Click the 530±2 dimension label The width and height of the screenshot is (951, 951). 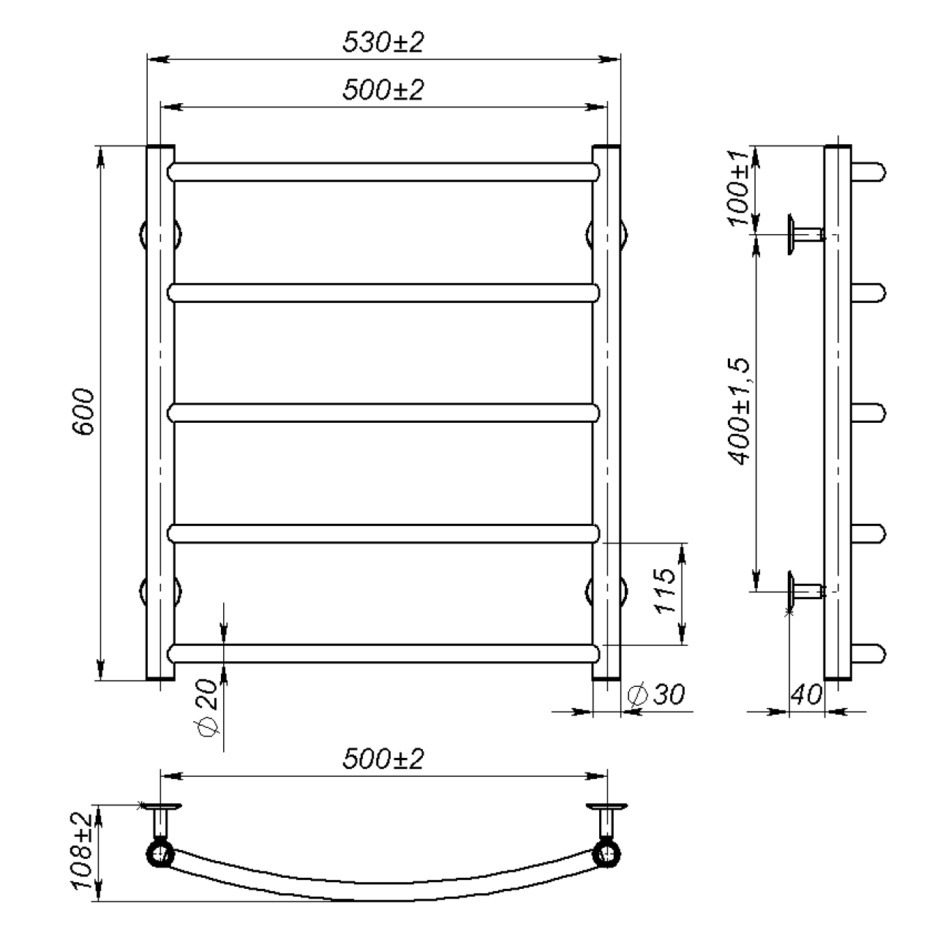pos(383,42)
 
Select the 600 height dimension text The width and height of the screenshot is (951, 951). pos(83,412)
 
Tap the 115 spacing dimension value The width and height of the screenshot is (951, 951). pos(665,591)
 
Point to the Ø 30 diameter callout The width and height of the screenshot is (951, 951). pos(656,694)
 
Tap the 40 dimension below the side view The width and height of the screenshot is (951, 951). pos(806,694)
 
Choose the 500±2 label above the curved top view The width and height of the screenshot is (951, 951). pos(383,759)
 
